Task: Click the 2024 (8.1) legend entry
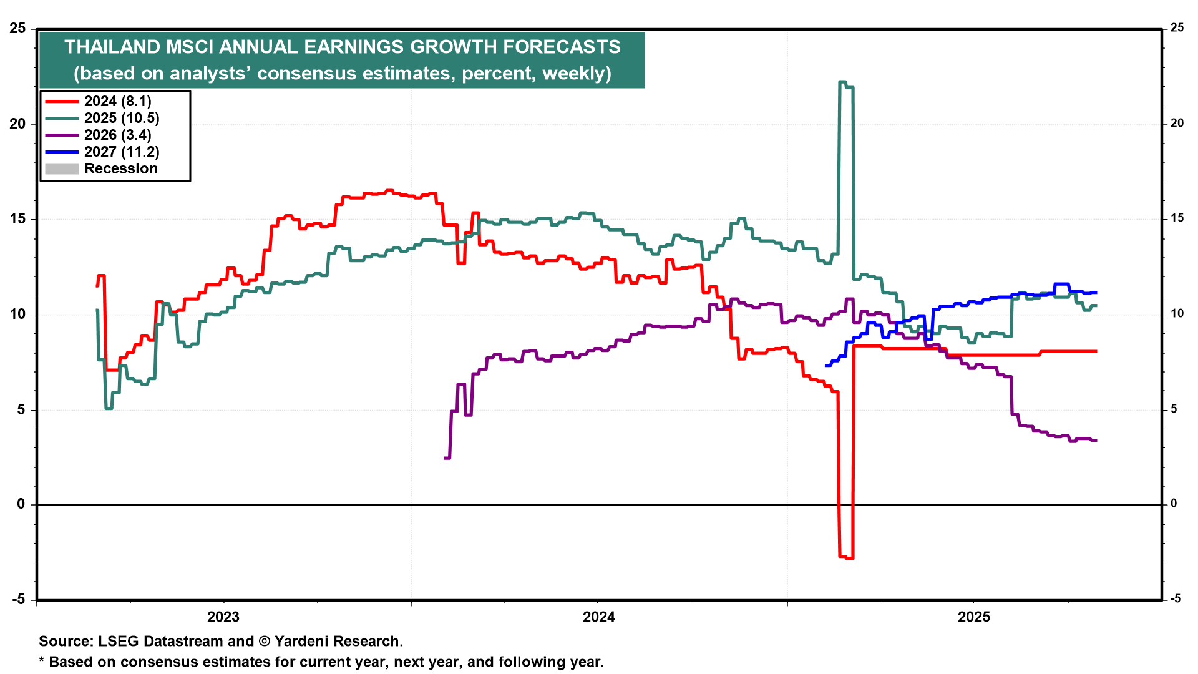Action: click(x=117, y=101)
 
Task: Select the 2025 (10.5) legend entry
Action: click(x=122, y=118)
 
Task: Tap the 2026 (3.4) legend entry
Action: click(x=117, y=135)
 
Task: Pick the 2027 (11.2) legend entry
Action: click(x=122, y=152)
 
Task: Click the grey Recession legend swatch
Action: click(x=62, y=168)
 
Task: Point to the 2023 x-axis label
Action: click(x=223, y=617)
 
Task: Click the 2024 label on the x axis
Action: click(x=598, y=617)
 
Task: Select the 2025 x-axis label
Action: click(x=973, y=617)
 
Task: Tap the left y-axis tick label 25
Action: click(x=17, y=29)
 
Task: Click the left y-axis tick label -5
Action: click(x=19, y=600)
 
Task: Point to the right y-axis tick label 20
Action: click(x=1177, y=124)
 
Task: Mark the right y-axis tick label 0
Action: click(x=1174, y=504)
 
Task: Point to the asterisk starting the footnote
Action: click(x=42, y=660)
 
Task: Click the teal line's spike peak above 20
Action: click(x=842, y=82)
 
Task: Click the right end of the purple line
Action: click(x=1096, y=440)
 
